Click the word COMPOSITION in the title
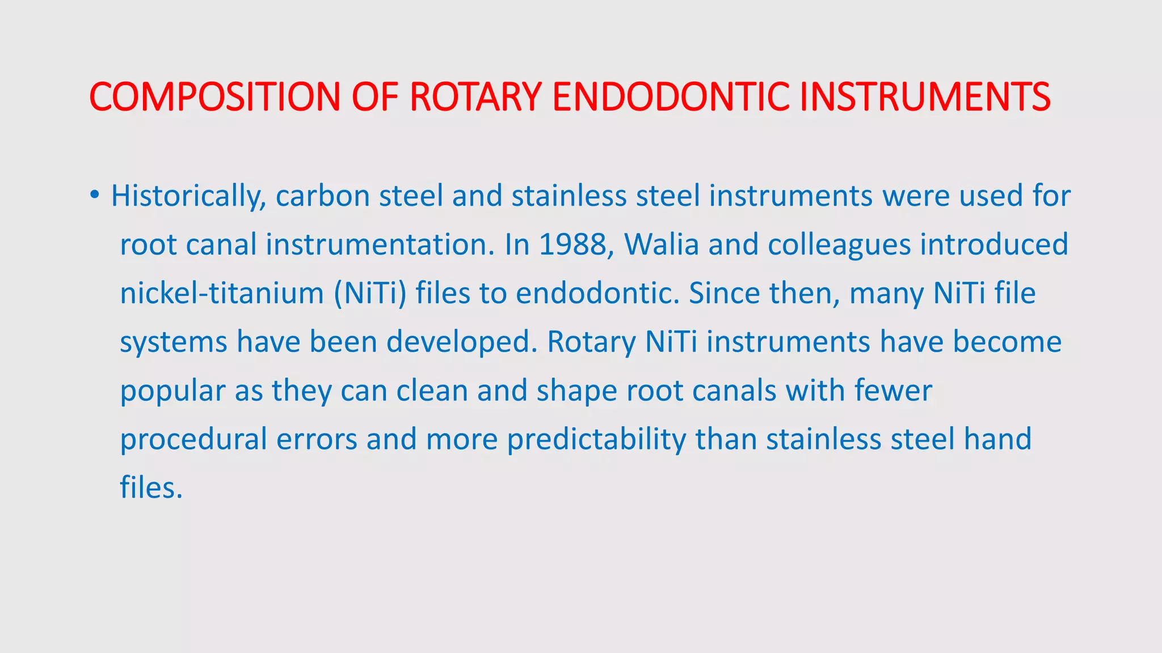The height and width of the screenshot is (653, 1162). pos(214,97)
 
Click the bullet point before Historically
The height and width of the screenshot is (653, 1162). pos(94,196)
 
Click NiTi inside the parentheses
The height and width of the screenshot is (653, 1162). pos(370,294)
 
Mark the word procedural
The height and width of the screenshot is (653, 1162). pos(193,440)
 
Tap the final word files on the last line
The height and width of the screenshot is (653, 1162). pos(150,488)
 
